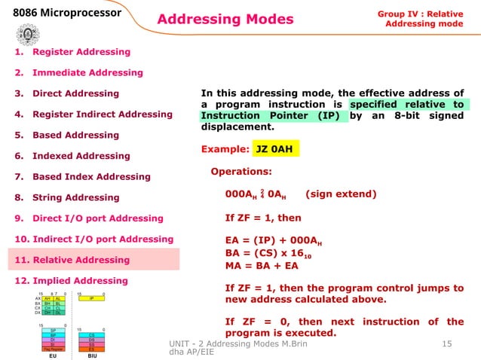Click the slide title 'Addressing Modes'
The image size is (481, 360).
pyautogui.click(x=225, y=18)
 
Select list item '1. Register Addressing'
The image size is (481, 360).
pyautogui.click(x=72, y=52)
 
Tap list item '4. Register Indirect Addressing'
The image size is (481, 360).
pyautogui.click(x=93, y=114)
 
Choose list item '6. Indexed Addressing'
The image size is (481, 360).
pyautogui.click(x=72, y=156)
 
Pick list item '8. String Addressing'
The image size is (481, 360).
pyautogui.click(x=66, y=198)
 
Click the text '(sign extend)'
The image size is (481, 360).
pyautogui.click(x=341, y=194)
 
